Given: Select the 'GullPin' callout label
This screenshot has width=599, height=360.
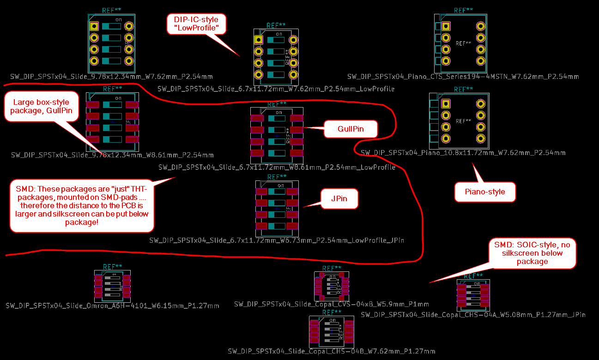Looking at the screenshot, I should (351, 129).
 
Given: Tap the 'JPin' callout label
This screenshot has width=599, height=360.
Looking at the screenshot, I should (339, 199).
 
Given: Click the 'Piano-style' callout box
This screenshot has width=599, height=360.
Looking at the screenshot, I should (484, 192).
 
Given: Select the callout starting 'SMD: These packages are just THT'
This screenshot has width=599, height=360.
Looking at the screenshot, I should (81, 206).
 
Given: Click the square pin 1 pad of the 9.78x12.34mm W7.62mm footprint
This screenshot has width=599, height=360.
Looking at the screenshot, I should (94, 26).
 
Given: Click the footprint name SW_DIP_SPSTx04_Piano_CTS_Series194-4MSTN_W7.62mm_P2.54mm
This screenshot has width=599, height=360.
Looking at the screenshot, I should (463, 77).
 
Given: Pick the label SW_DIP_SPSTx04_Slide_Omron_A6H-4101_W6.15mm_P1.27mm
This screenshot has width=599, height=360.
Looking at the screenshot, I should (112, 306).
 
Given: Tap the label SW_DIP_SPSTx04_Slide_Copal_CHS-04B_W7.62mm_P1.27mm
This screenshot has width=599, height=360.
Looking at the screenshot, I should (331, 351).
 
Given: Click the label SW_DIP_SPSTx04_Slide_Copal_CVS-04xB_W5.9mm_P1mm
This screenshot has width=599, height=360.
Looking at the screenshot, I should (331, 304).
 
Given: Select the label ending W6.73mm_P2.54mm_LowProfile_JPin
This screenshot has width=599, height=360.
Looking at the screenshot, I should (277, 240).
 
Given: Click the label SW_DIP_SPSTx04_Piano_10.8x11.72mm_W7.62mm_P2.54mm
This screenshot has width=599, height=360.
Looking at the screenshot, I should (463, 152).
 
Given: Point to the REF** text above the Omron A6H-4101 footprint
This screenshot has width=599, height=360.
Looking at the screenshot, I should (112, 267).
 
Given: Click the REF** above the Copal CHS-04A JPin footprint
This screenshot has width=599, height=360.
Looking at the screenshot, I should (473, 276).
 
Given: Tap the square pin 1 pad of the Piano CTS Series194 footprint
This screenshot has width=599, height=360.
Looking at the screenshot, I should (446, 27).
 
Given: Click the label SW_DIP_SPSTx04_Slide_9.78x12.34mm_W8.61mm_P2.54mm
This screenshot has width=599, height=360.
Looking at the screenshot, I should (112, 155).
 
